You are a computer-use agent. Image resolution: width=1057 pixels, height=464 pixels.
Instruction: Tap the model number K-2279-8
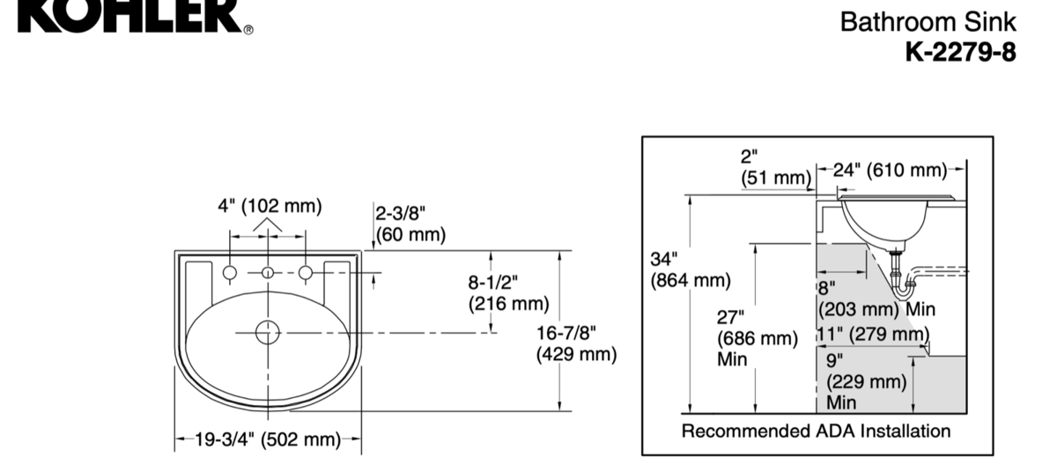tap(960, 52)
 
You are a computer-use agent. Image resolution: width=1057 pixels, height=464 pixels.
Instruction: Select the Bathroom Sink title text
tap(928, 22)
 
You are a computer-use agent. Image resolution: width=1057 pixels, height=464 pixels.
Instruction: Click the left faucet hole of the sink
tap(230, 273)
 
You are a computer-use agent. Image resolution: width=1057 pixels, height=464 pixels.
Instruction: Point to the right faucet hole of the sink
tap(306, 273)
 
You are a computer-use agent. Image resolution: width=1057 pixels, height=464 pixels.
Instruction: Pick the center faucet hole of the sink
tap(268, 273)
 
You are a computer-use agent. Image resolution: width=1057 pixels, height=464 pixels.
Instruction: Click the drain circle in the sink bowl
tap(268, 333)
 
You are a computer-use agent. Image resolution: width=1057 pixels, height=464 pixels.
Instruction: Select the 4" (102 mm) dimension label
tap(270, 206)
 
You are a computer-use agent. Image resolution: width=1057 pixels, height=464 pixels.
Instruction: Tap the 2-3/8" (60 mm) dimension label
tap(410, 224)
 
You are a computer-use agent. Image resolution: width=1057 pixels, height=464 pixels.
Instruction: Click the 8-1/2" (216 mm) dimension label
tap(509, 293)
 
